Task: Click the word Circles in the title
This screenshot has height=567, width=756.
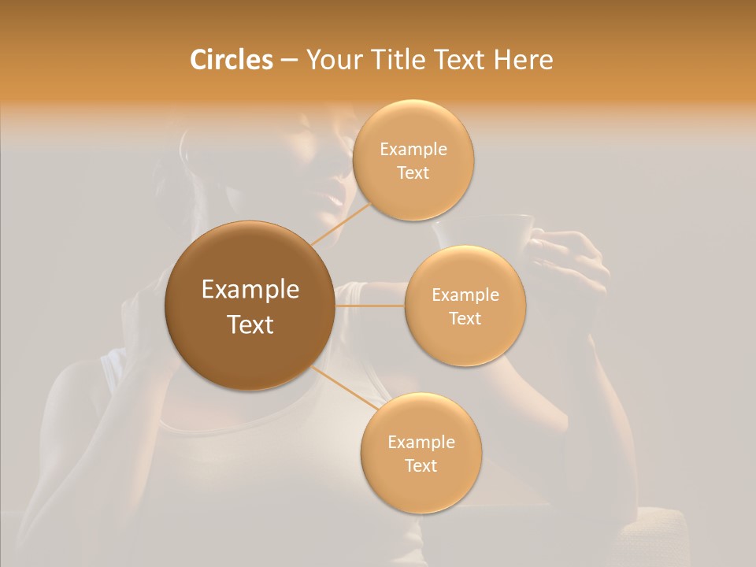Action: pos(231,60)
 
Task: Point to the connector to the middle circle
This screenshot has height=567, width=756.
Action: pos(370,306)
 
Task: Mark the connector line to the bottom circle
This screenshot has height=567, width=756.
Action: pos(343,389)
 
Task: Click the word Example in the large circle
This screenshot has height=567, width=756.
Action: pos(250,290)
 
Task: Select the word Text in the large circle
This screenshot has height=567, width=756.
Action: pos(250,324)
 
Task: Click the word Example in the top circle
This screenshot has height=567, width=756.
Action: pos(413,150)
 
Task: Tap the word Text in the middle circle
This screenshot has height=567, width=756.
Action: pos(465,319)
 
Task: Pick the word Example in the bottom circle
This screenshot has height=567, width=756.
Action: pos(421,443)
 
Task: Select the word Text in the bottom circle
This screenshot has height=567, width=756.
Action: pos(421,466)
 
